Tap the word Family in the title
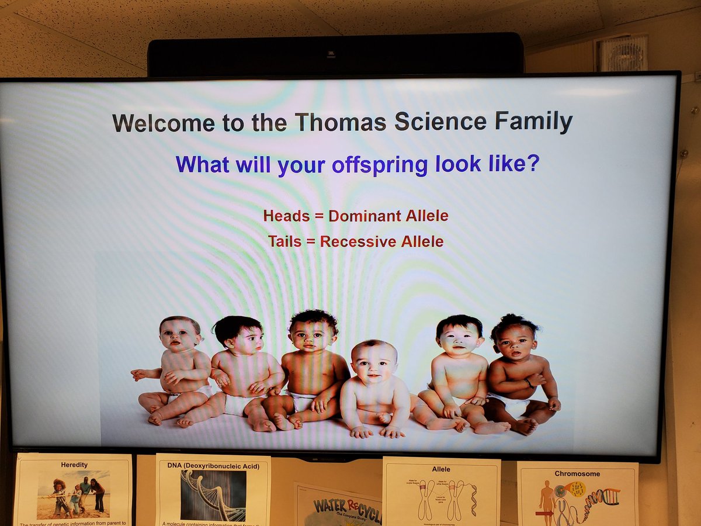[x=533, y=122]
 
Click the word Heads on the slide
[x=286, y=216]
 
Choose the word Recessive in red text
[x=357, y=241]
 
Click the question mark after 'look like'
[x=532, y=164]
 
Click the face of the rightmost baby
[x=515, y=342]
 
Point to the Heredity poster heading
[x=74, y=465]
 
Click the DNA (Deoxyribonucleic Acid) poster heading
[x=213, y=466]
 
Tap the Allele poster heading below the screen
[x=441, y=469]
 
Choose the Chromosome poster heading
[x=578, y=473]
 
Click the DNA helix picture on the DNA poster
[x=213, y=495]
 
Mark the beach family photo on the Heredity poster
[x=73, y=494]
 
